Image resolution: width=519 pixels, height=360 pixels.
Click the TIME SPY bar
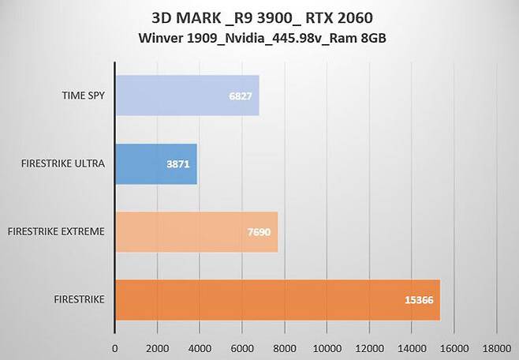[x=187, y=96]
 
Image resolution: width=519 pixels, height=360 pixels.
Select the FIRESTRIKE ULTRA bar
[x=156, y=163]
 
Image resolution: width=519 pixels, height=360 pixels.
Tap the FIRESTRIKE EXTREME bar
[x=196, y=231]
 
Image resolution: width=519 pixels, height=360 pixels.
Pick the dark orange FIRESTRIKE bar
[x=277, y=300]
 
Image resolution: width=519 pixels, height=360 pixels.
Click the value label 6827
[x=241, y=96]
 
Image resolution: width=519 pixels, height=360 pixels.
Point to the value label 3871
[x=178, y=163]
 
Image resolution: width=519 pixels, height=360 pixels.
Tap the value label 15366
[x=419, y=300]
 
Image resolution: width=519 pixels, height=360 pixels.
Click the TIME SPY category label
[x=85, y=96]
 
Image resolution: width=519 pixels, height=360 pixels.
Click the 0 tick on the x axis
[x=115, y=347]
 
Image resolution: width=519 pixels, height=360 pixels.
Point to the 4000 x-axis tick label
[x=200, y=347]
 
